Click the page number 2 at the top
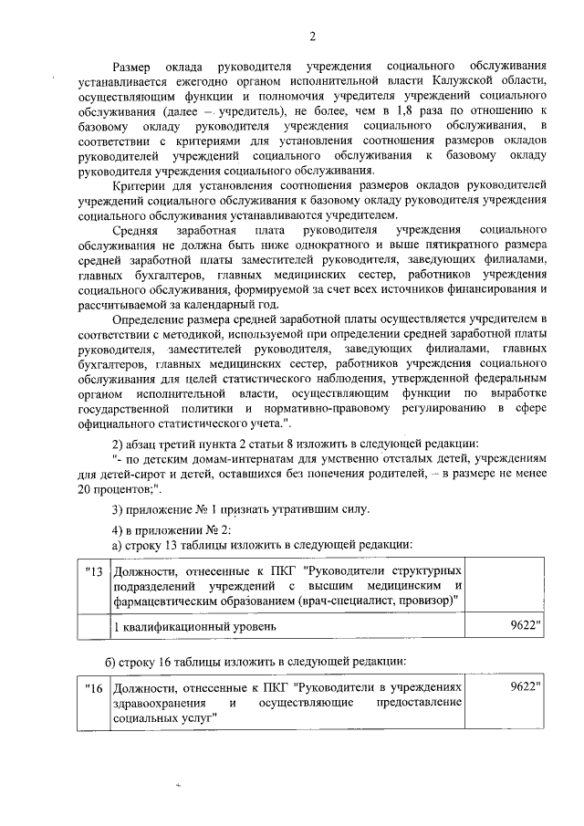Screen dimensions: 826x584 coord(312,37)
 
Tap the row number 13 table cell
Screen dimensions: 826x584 coord(92,572)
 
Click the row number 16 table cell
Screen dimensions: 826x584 coord(92,686)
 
